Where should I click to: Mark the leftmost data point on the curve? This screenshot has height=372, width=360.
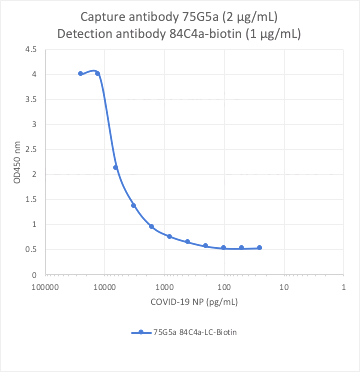(x=81, y=73)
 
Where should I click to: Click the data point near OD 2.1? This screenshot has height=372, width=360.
(x=116, y=167)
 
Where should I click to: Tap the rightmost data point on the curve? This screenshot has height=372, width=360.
(x=259, y=247)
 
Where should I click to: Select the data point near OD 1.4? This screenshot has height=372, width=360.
(x=133, y=205)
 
